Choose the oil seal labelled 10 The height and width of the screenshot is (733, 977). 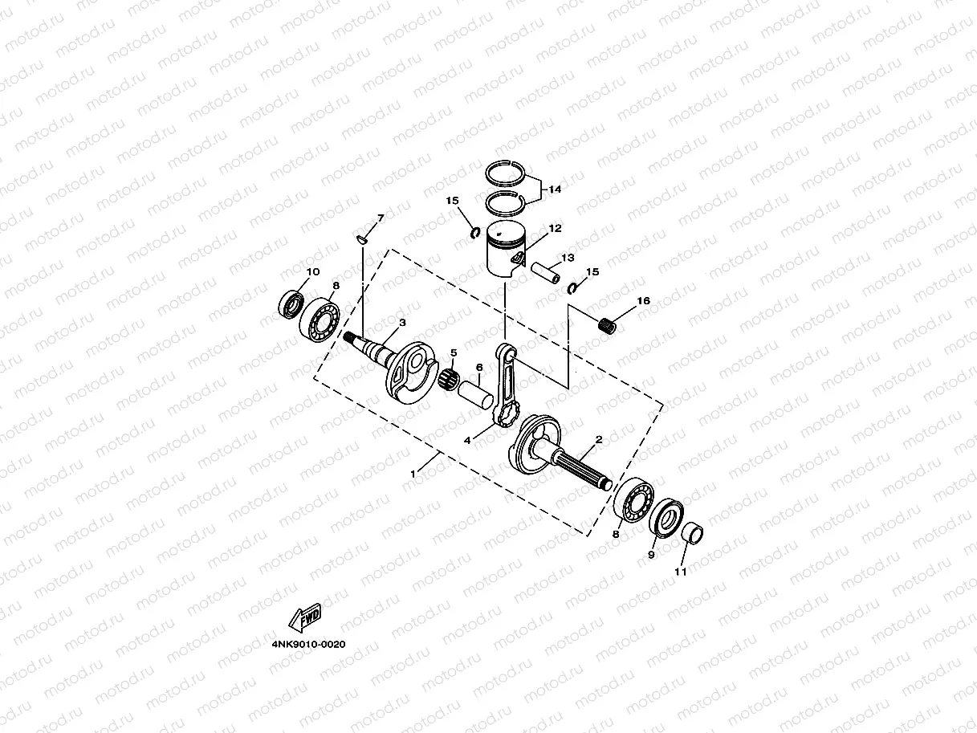291,305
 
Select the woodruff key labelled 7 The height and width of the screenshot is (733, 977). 363,238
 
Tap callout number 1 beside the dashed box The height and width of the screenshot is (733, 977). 413,474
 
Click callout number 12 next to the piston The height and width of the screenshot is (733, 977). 555,229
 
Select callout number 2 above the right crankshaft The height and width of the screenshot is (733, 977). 598,439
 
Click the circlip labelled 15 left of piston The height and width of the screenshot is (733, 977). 475,234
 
